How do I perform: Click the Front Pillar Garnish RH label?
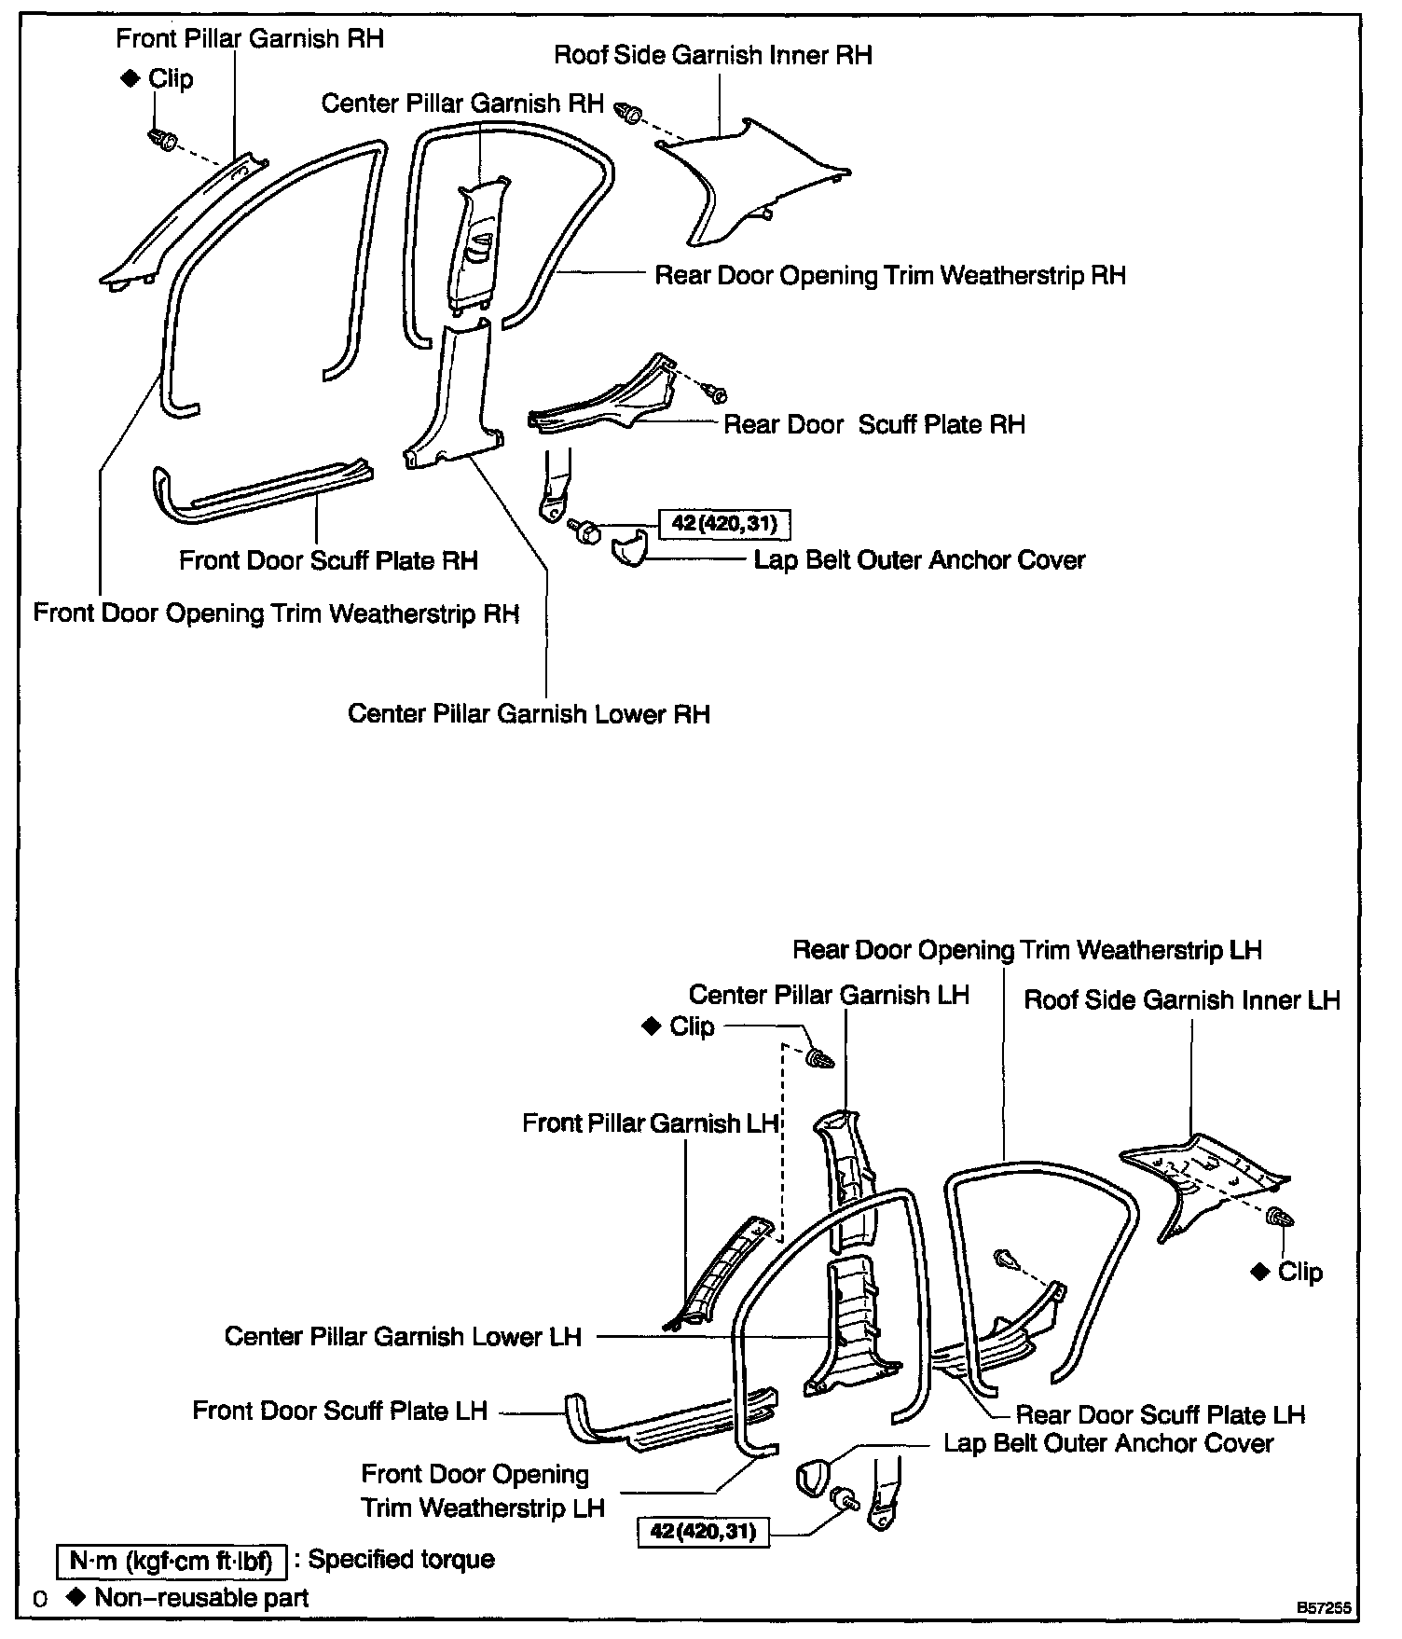point(250,38)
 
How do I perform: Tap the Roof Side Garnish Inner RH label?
point(713,55)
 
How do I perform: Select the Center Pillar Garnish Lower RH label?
point(529,714)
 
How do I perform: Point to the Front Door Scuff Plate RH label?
point(328,560)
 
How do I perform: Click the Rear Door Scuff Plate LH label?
point(1160,1415)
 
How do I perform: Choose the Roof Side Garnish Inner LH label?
point(1181,1000)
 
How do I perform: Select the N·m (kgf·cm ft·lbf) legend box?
point(171,1560)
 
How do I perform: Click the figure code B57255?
point(1322,1609)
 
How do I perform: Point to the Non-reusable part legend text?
point(201,1598)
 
